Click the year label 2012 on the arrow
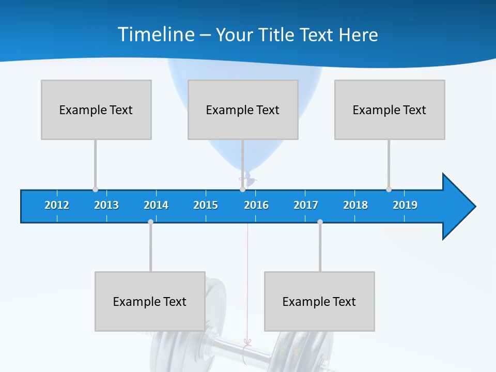pyautogui.click(x=57, y=205)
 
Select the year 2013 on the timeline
pyautogui.click(x=106, y=205)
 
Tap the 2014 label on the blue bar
pyautogui.click(x=156, y=205)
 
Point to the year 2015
pyautogui.click(x=206, y=205)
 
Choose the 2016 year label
pyautogui.click(x=256, y=205)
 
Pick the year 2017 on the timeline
pyautogui.click(x=306, y=205)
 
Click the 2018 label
pyautogui.click(x=355, y=205)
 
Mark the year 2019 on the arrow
pyautogui.click(x=405, y=205)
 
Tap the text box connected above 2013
pyautogui.click(x=96, y=110)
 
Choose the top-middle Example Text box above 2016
pyautogui.click(x=243, y=110)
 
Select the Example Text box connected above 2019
pyautogui.click(x=390, y=110)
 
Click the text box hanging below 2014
pyautogui.click(x=150, y=301)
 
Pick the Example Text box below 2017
pyautogui.click(x=319, y=301)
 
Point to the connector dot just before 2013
pyautogui.click(x=95, y=189)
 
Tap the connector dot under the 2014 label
pyautogui.click(x=150, y=222)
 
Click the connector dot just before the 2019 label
pyautogui.click(x=389, y=189)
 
